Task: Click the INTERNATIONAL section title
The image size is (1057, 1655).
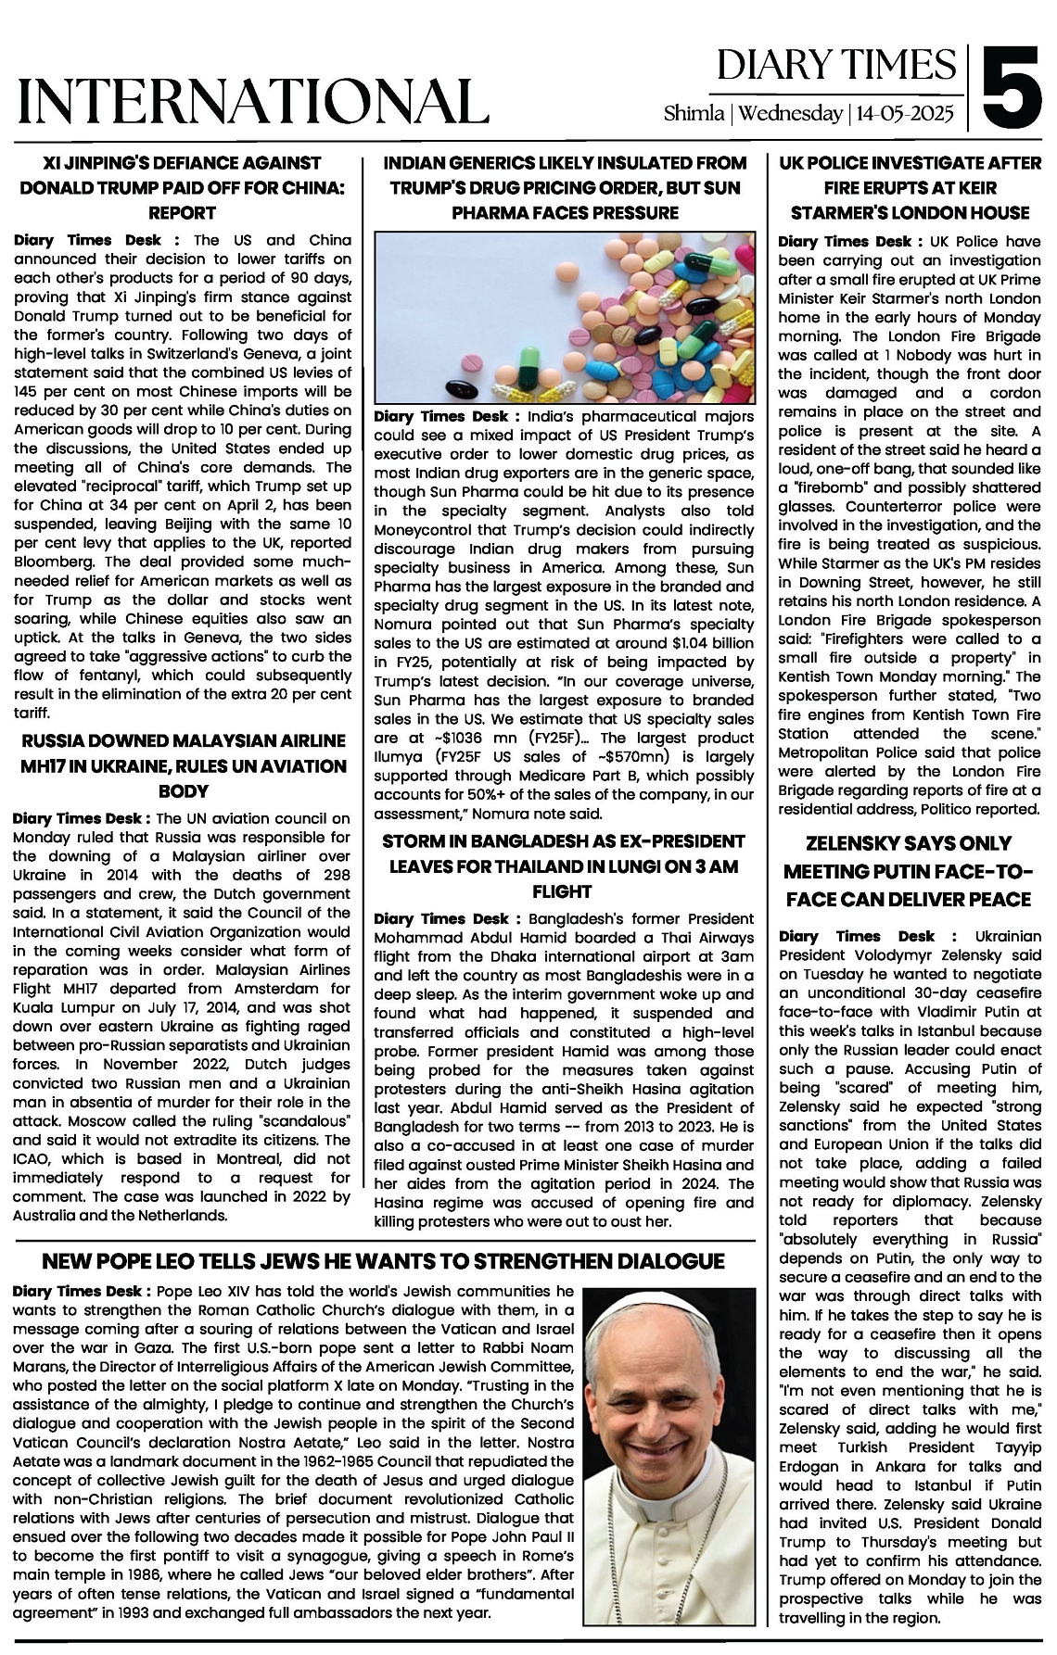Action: coord(253,101)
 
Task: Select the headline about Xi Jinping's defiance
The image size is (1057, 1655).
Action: coord(182,187)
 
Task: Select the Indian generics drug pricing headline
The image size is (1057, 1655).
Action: coord(565,187)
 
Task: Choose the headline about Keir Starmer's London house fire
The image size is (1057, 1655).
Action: coord(910,187)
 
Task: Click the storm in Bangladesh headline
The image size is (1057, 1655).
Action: coord(564,865)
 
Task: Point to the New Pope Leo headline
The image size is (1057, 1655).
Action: coord(384,1261)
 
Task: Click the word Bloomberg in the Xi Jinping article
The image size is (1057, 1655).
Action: coord(53,562)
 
